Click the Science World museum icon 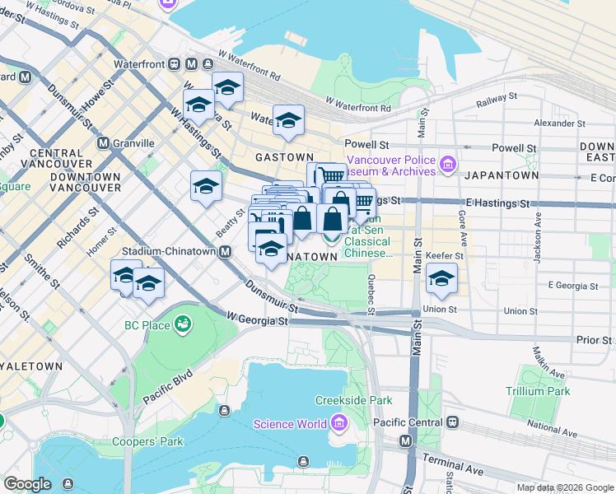[x=338, y=424]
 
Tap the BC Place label [x=148, y=325]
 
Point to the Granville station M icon [x=104, y=142]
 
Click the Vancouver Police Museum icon [x=447, y=165]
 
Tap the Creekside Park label [x=353, y=401]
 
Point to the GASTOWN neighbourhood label [x=284, y=156]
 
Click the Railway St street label [x=497, y=100]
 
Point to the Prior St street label [x=594, y=339]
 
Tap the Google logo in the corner [x=27, y=484]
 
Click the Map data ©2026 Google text [x=564, y=487]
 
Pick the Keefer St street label [x=444, y=256]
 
